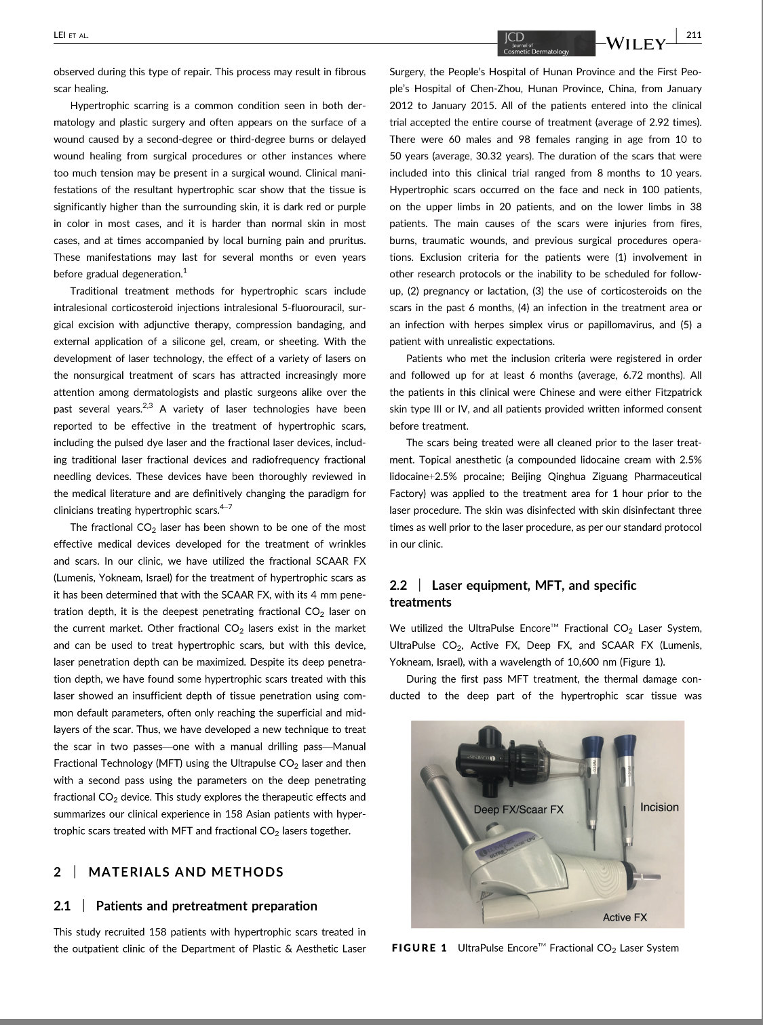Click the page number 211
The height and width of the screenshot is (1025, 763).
pos(693,35)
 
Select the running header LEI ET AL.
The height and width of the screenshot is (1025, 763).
pos(71,35)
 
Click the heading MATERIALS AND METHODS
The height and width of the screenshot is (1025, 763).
pos(186,872)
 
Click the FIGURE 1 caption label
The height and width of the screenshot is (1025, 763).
pos(420,948)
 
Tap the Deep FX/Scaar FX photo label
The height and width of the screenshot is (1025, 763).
pos(518,809)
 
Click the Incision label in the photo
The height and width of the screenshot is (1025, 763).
pos(659,807)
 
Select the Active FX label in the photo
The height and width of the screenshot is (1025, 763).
pos(625,917)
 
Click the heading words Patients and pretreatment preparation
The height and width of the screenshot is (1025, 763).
pos(206,906)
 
